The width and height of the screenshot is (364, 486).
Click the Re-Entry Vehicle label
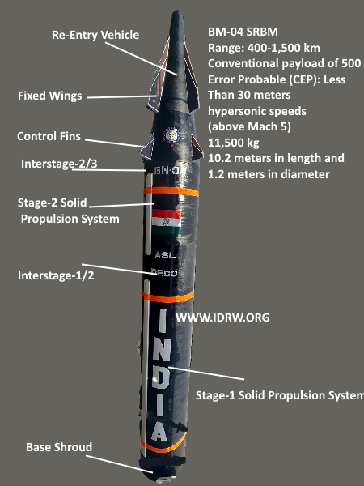coord(95,35)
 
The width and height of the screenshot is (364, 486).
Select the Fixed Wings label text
coord(50,96)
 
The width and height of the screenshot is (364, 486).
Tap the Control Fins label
coord(49,136)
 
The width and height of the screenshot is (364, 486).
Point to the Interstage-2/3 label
coord(59,164)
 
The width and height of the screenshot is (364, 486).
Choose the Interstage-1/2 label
coord(56,275)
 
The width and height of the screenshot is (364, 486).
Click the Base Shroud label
coord(59,447)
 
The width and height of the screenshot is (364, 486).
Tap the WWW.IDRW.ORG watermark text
coord(222,318)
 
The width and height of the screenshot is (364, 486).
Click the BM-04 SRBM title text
coord(243,32)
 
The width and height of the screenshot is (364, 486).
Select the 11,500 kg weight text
coord(234,143)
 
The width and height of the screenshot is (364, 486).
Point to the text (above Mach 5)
coord(249,127)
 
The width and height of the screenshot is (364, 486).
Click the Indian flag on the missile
coord(166,221)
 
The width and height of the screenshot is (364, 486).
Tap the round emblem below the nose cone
coord(171,135)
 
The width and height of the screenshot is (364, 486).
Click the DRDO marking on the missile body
coord(164,273)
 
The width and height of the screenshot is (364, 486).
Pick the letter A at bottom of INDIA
coord(159,432)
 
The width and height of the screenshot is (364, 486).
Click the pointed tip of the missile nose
coord(177,12)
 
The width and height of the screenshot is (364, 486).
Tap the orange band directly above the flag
coord(171,191)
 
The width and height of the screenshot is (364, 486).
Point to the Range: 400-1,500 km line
coord(264,48)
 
